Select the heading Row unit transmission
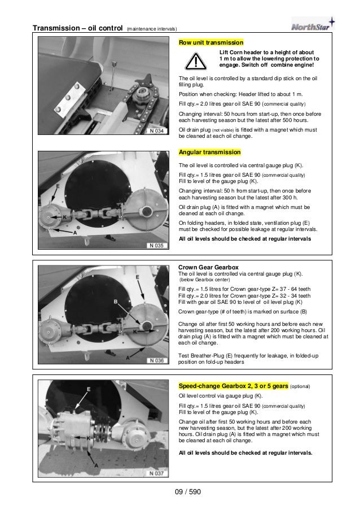click(x=210, y=42)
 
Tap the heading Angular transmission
click(x=209, y=152)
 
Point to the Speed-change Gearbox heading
click(x=233, y=386)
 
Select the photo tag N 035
click(x=157, y=246)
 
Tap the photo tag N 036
click(x=157, y=360)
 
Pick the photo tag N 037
click(x=157, y=473)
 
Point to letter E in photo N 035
click(x=58, y=185)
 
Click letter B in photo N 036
click(x=116, y=301)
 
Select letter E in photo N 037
click(x=89, y=390)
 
